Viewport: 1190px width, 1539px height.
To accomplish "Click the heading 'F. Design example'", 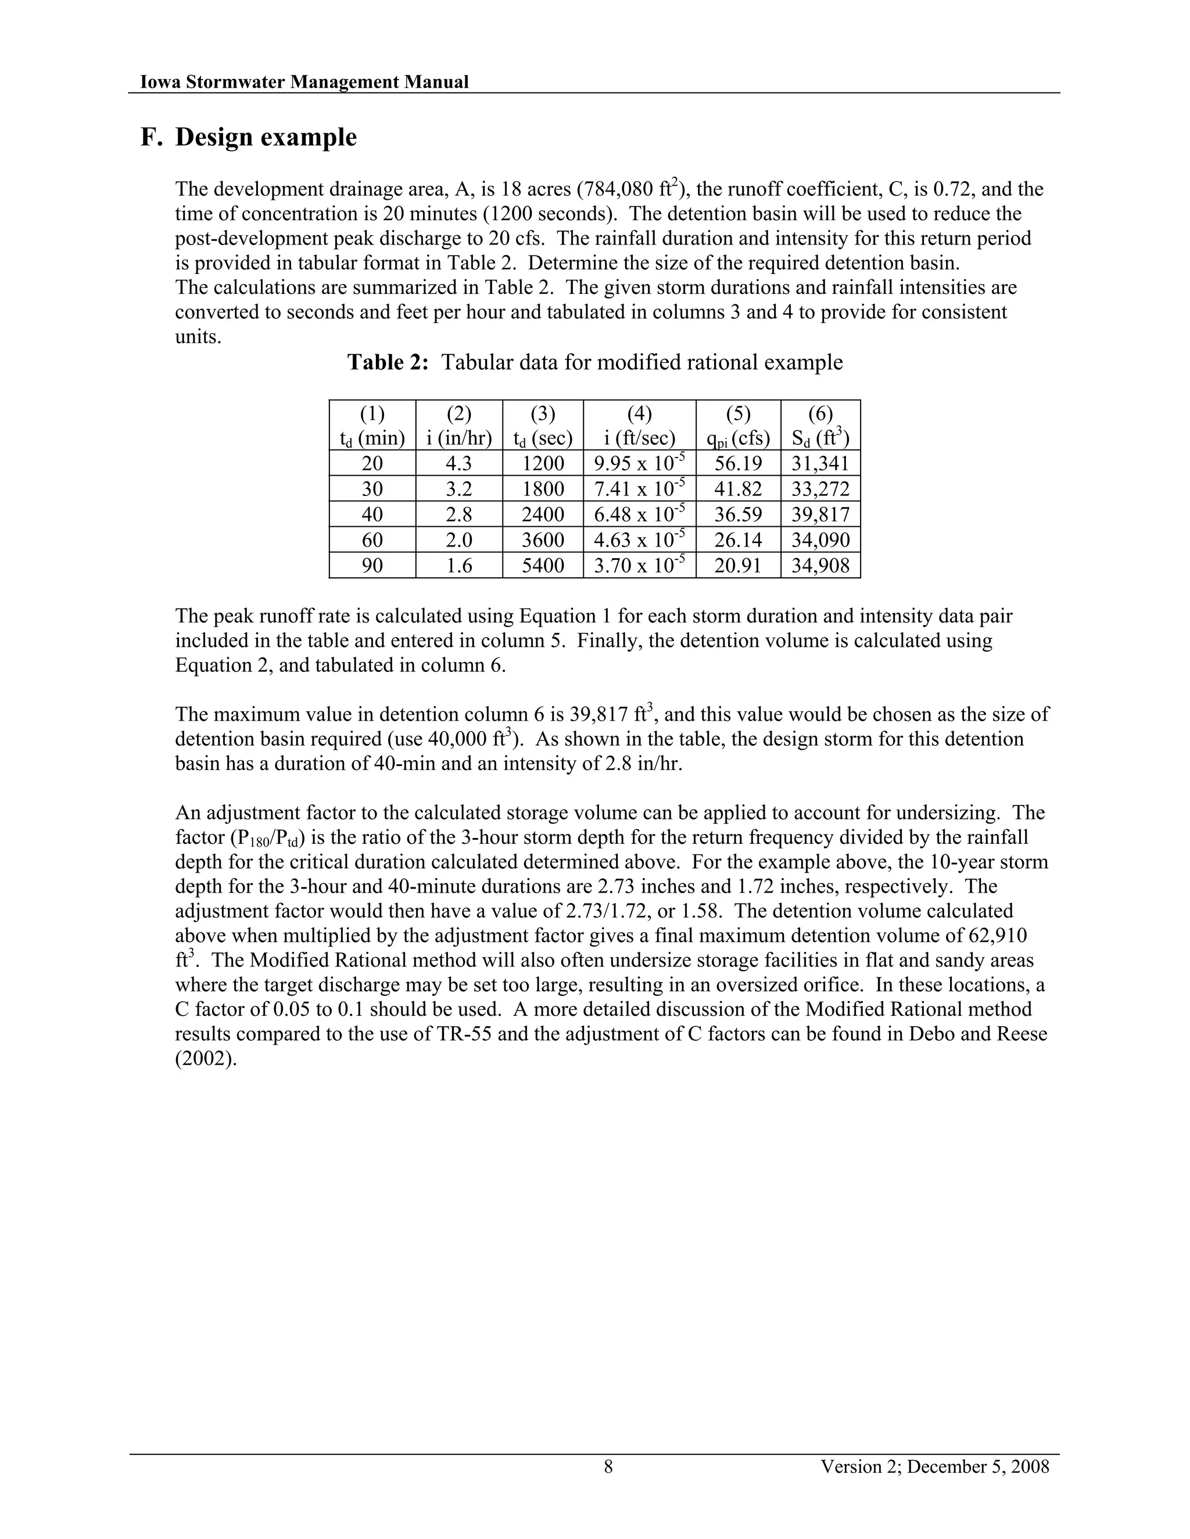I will click(248, 138).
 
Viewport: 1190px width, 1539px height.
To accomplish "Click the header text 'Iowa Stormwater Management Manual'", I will click(304, 82).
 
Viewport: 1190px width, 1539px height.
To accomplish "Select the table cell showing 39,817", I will click(820, 515).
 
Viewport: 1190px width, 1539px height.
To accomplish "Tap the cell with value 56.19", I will click(737, 463).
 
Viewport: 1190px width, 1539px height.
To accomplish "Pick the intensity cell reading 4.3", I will click(459, 463).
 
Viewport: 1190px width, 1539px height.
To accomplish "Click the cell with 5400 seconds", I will click(543, 566).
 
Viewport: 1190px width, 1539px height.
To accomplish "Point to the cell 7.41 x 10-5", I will click(639, 489).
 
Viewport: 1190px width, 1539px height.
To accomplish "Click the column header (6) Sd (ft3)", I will click(820, 426).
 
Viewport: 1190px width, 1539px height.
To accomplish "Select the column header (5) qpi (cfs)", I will click(737, 426).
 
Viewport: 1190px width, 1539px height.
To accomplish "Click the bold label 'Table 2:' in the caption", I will click(388, 362).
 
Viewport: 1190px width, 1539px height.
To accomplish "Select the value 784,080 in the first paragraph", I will click(618, 189).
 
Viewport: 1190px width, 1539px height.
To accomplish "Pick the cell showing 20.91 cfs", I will click(737, 566).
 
